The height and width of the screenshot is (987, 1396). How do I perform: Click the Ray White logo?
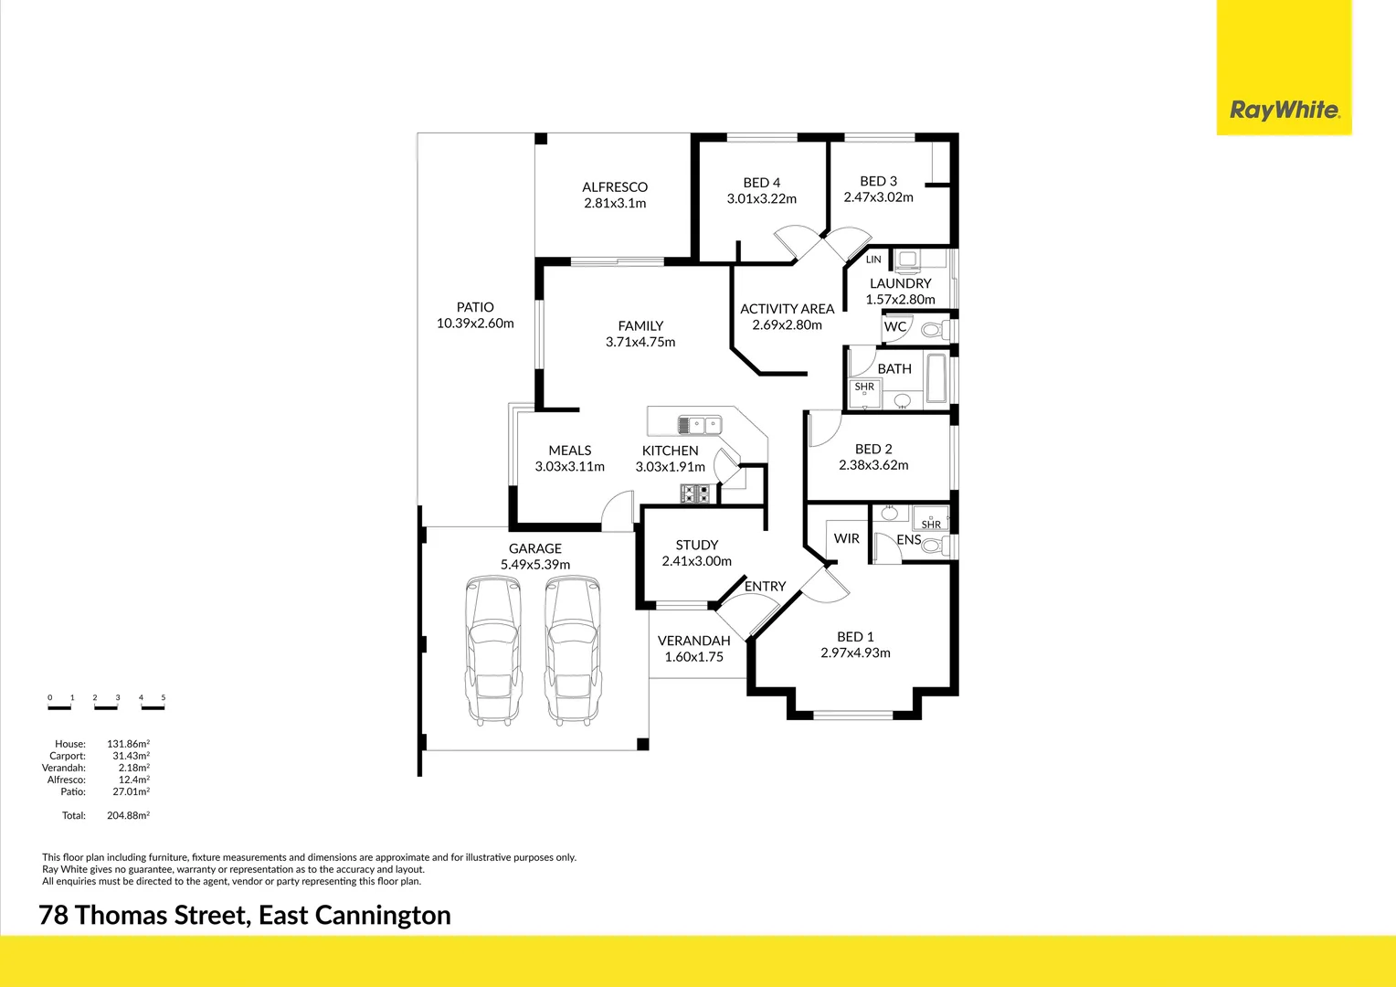point(1284,111)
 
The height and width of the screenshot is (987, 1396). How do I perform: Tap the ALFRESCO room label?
point(615,186)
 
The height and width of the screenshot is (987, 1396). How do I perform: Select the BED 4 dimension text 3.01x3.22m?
point(761,198)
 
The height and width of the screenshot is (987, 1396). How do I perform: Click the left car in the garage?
point(493,651)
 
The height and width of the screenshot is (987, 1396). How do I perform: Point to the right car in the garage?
point(572,651)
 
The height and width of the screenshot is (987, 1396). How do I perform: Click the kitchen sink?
point(700,425)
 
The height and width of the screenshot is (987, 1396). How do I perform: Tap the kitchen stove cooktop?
point(695,493)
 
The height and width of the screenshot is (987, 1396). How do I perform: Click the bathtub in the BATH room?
point(936,378)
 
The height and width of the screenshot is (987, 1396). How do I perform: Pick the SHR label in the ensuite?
point(931,525)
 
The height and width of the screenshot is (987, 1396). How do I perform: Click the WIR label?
point(846,538)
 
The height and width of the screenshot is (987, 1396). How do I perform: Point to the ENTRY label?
point(765,586)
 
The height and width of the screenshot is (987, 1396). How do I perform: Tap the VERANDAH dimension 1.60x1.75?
point(693,656)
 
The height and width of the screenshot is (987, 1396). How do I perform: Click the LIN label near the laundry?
point(873,260)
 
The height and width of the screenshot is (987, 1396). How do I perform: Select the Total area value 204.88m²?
point(129,815)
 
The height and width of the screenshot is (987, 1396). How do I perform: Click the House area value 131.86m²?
point(129,743)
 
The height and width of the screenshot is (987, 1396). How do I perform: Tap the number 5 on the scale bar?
point(164,697)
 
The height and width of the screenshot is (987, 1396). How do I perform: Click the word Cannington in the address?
point(383,916)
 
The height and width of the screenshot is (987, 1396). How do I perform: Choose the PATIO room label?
point(475,307)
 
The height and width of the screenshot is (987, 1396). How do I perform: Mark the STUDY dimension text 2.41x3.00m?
point(696,560)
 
